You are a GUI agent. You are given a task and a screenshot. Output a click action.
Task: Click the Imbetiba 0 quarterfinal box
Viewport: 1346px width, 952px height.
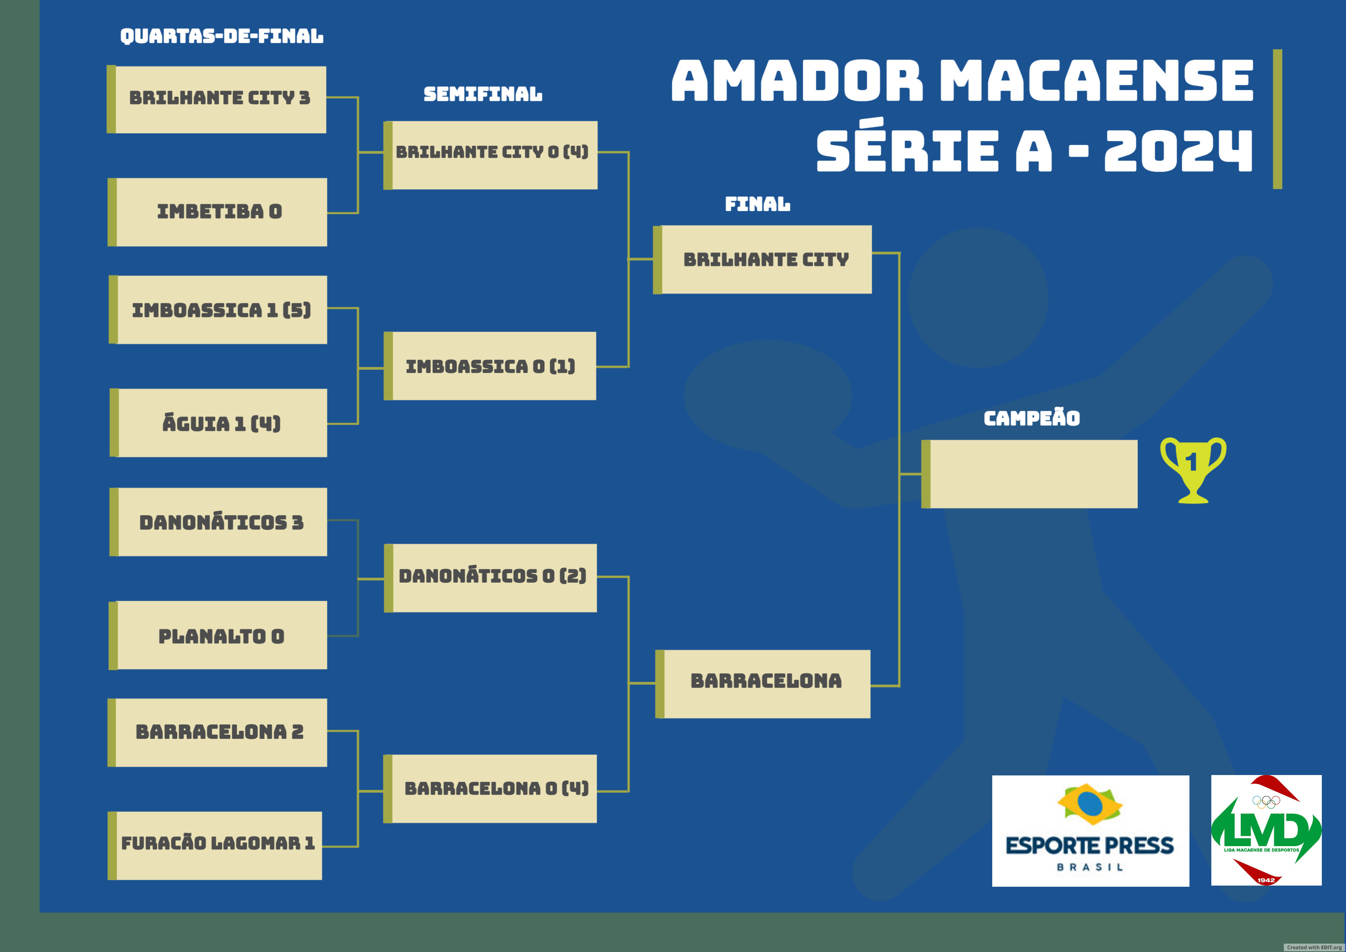point(218,212)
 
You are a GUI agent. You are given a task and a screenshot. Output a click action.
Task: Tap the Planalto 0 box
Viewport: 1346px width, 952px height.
point(218,635)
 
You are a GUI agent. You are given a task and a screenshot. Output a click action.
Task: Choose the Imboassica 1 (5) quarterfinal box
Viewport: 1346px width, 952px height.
point(218,310)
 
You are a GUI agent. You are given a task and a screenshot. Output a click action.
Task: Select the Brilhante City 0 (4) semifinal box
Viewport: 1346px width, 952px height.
point(491,155)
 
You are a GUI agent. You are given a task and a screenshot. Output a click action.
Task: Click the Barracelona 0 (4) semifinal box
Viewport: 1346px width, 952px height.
point(490,789)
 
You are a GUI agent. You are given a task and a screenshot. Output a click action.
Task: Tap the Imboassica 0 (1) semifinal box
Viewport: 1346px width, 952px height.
point(490,366)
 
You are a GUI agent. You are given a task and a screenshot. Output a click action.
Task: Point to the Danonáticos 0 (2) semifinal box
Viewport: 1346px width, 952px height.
point(491,578)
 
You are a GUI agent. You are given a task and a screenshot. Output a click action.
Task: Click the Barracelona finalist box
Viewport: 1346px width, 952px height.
point(763,684)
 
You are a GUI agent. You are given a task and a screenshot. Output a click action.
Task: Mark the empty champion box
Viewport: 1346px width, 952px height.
point(1029,474)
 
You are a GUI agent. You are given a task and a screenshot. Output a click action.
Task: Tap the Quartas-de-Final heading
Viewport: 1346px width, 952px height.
point(222,36)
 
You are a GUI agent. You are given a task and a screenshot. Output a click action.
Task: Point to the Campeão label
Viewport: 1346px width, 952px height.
point(1032,418)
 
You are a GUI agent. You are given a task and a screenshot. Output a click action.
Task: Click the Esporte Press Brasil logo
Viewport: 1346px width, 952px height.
point(1090,831)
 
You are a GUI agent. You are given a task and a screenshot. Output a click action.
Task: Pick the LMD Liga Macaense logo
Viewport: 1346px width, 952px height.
point(1266,830)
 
